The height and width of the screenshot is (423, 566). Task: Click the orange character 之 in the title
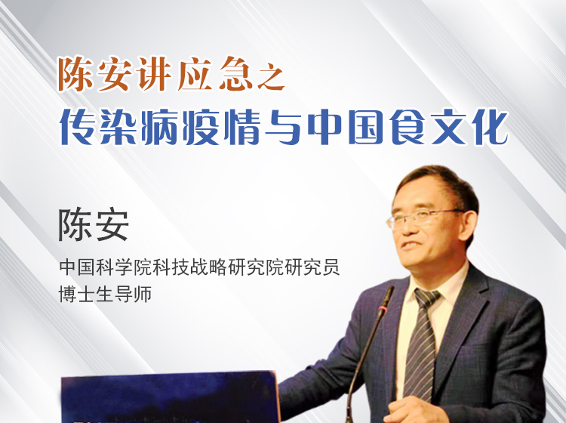click(271, 77)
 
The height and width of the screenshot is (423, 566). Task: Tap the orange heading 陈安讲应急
click(155, 74)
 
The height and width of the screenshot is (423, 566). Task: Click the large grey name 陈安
click(94, 224)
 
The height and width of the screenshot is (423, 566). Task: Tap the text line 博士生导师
click(105, 294)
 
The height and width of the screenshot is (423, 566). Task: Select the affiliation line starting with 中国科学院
click(199, 267)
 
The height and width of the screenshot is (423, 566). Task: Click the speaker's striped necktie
click(422, 344)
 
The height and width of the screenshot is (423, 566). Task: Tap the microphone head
click(386, 297)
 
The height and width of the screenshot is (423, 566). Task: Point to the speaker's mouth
click(413, 245)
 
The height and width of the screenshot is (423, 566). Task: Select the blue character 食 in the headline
click(407, 127)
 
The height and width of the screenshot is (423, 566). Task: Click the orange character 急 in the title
click(235, 74)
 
